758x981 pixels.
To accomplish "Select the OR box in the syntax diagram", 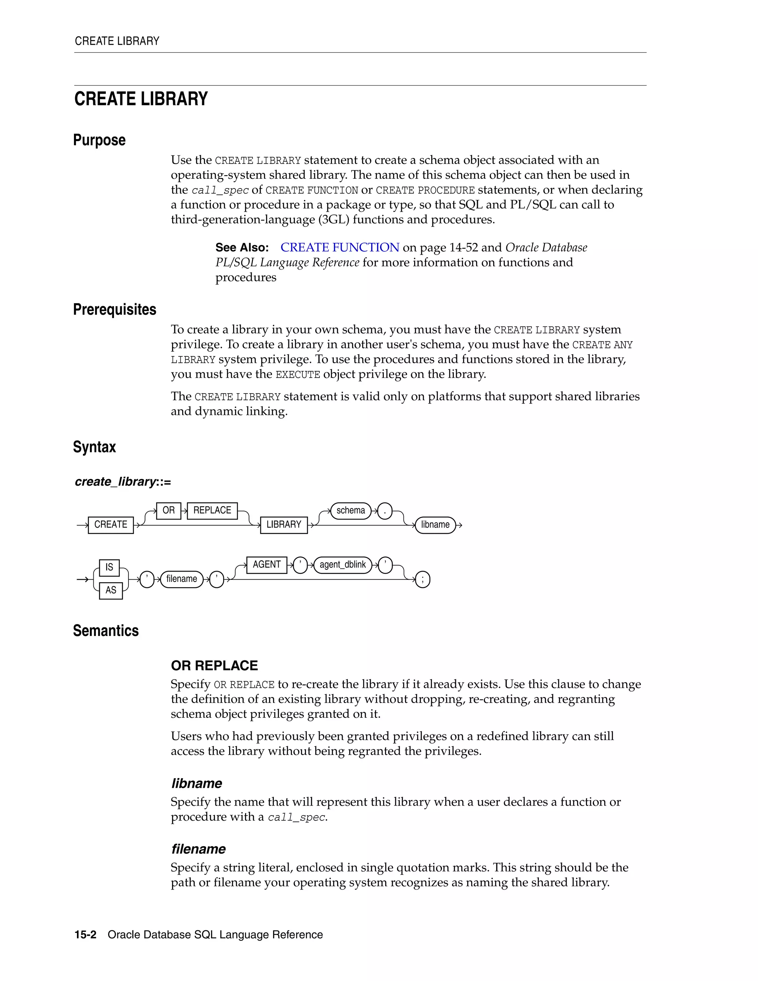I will tap(168, 511).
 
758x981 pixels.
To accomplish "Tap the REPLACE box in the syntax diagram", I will tap(212, 511).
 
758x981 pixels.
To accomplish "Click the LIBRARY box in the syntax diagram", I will tap(284, 525).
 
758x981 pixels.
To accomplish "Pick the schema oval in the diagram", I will tap(351, 511).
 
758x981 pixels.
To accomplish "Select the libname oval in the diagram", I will tap(435, 525).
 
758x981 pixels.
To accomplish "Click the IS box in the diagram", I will tap(109, 567).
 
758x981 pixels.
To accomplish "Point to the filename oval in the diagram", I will tap(181, 579).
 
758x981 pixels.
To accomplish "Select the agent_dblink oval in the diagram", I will tap(343, 565).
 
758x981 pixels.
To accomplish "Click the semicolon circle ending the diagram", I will tap(423, 579).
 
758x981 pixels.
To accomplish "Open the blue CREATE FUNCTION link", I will tap(339, 248).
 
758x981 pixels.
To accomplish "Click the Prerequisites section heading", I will tap(114, 309).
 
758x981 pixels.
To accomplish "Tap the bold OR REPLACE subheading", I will tap(214, 665).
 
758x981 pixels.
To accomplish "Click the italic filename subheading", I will tap(198, 849).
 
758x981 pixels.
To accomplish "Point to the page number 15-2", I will tap(85, 935).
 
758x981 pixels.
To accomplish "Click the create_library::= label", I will tap(123, 482).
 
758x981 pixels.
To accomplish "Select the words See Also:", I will tap(242, 248).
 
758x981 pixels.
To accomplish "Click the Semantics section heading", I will tap(105, 631).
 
